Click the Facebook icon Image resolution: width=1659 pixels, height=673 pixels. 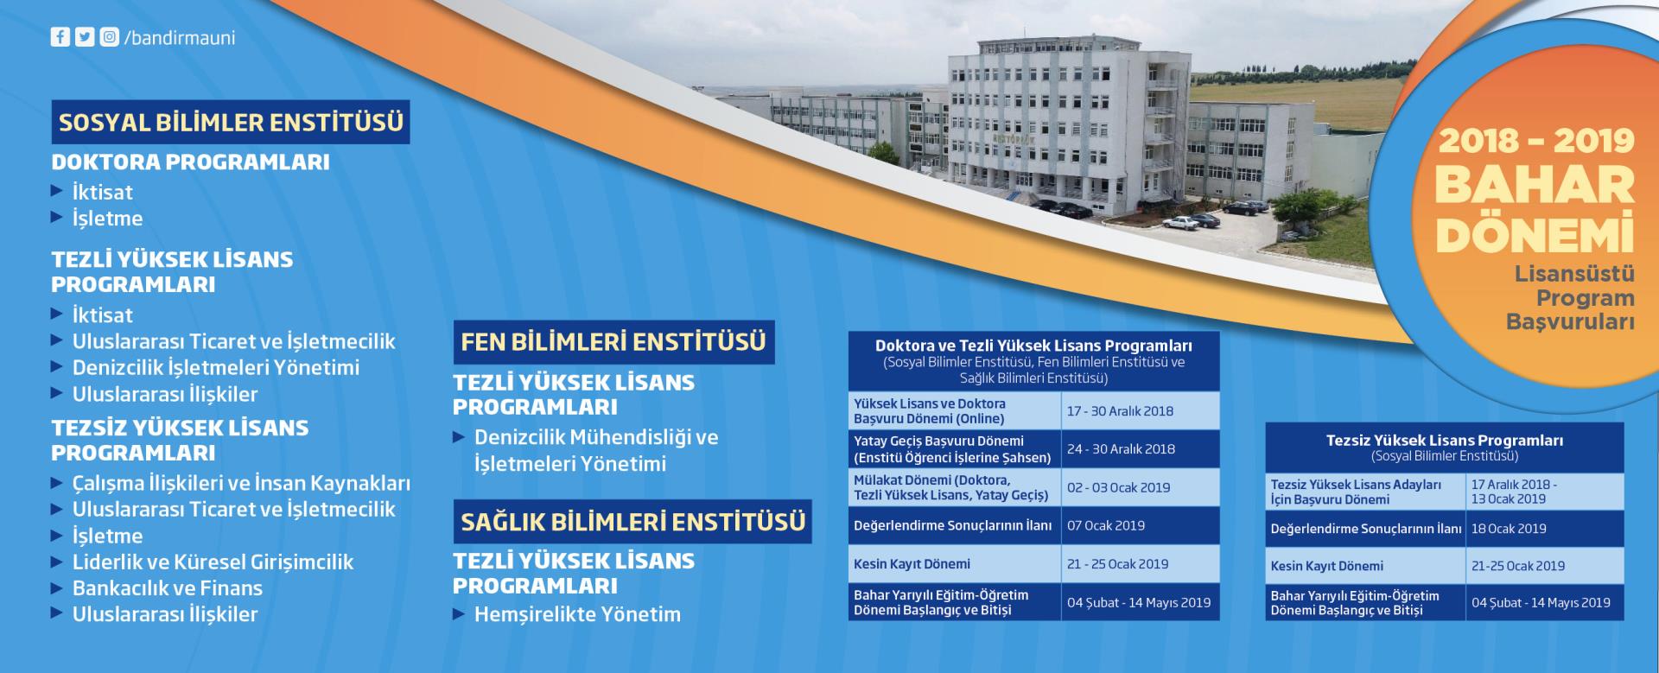click(60, 37)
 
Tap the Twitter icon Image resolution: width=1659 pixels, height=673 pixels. click(85, 37)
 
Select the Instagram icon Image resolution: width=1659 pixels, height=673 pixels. click(110, 37)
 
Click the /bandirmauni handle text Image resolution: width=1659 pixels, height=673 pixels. click(180, 38)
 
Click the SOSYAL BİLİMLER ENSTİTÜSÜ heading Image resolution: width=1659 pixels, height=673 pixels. click(231, 122)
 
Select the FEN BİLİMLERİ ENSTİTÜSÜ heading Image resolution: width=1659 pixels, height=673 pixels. click(613, 342)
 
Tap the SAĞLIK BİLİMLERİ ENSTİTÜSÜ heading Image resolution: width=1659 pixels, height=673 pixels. click(632, 522)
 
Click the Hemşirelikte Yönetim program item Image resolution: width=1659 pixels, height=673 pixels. click(577, 615)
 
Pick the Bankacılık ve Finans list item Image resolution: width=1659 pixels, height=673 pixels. click(168, 588)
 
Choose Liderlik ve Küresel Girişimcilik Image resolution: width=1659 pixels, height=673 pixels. click(213, 562)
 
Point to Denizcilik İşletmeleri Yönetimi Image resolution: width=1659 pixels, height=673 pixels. click(216, 367)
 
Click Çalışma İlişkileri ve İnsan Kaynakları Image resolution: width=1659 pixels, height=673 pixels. click(241, 483)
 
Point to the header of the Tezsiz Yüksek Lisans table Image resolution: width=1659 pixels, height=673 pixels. click(1445, 448)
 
